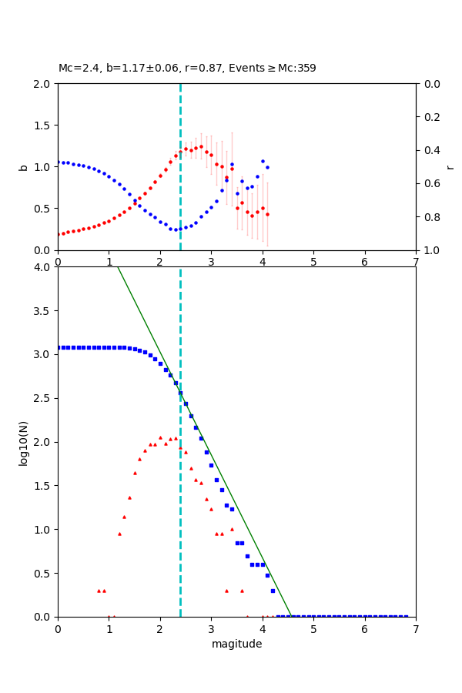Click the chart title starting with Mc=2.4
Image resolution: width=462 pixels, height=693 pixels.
tap(187, 68)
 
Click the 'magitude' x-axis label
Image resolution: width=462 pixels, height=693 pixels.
tap(236, 644)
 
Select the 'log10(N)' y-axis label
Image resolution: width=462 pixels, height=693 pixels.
tap(23, 442)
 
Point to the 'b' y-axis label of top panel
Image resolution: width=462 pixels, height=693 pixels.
tap(23, 167)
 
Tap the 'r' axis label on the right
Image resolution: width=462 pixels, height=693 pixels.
tap(450, 167)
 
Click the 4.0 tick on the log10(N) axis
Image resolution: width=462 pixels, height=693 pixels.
tap(43, 267)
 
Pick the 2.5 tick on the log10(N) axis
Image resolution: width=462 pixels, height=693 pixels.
tap(43, 398)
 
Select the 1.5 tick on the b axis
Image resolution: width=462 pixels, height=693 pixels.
tap(43, 126)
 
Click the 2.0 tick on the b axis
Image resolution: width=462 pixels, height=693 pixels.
tap(43, 84)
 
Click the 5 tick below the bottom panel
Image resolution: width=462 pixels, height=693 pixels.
tap(313, 628)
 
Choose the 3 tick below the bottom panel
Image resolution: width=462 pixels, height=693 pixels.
tap(211, 628)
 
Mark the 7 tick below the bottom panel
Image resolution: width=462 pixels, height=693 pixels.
tap(416, 628)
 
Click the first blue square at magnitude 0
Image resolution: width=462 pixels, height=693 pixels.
tap(58, 347)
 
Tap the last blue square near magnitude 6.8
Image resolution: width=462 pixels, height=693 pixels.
tap(406, 616)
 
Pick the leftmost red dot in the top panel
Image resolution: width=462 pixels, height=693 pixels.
tap(58, 234)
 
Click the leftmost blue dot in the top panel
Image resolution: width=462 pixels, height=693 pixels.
tap(58, 162)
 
